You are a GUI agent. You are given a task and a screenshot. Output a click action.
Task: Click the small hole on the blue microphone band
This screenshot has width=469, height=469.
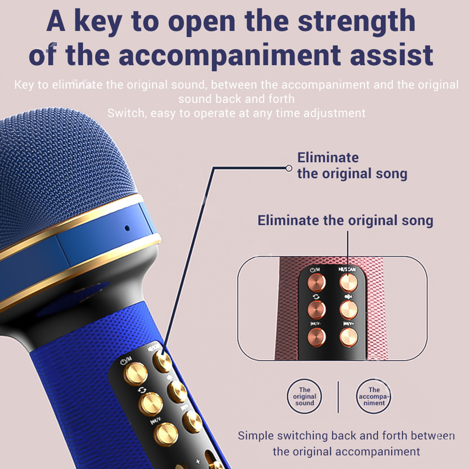[127, 229]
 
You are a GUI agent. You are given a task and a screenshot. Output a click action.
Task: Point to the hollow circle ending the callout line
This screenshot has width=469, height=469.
[289, 168]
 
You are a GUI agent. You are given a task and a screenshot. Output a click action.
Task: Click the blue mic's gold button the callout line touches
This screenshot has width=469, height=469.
[163, 362]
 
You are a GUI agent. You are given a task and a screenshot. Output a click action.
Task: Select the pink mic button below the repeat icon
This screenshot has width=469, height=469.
[316, 309]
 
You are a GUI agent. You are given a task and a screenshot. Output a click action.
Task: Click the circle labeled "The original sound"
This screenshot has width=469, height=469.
[305, 396]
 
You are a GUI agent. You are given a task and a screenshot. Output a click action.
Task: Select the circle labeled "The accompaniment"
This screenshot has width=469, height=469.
[374, 396]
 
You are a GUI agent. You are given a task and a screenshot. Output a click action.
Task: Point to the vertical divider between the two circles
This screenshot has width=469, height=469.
[338, 396]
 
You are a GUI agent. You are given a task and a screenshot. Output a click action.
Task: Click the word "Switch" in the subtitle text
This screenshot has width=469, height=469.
[123, 113]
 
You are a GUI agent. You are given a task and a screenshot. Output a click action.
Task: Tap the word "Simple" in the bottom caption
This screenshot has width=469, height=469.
[256, 435]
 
